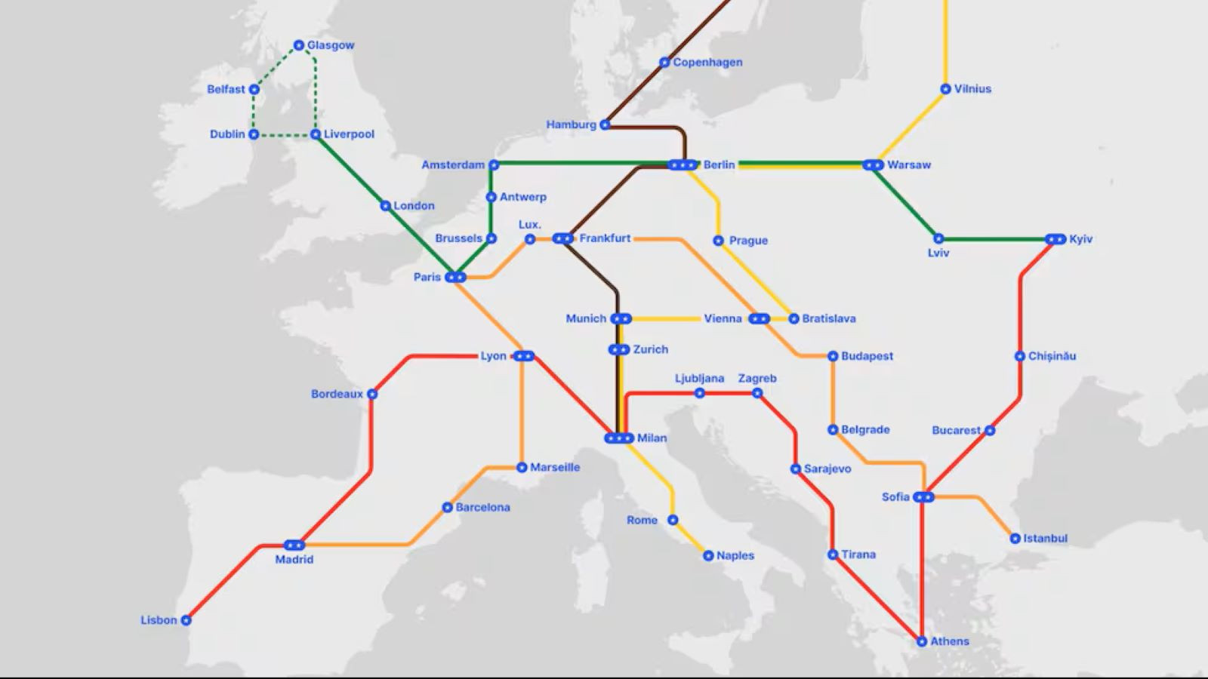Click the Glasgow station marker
point(299,45)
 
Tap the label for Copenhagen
point(707,63)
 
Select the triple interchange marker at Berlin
point(683,164)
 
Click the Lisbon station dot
point(186,620)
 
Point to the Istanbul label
point(1045,539)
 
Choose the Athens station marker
point(922,641)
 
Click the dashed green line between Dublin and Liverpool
point(285,136)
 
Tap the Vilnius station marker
point(945,89)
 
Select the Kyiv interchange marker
point(1055,239)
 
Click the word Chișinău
point(1052,356)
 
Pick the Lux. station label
point(530,225)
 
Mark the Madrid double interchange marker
point(294,545)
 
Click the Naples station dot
point(708,556)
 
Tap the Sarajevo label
point(827,469)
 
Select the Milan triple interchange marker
point(619,438)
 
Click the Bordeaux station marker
point(372,394)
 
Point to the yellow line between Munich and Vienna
point(664,319)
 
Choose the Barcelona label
point(482,508)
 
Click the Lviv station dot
point(938,239)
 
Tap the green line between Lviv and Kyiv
point(997,240)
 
